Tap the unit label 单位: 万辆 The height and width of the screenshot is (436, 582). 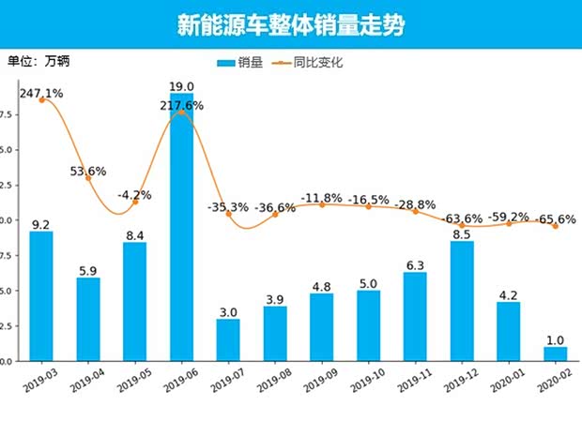(38, 62)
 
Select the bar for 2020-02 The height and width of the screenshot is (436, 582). (555, 354)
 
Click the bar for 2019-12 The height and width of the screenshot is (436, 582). (462, 301)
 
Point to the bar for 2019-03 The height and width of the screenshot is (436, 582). (41, 295)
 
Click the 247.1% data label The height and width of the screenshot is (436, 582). (40, 94)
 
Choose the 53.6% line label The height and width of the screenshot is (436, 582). (87, 172)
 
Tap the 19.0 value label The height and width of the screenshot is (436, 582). (181, 85)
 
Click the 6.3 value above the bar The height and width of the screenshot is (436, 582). (415, 264)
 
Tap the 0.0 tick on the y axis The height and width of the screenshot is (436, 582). (7, 361)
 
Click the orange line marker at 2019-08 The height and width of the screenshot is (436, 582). (275, 214)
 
